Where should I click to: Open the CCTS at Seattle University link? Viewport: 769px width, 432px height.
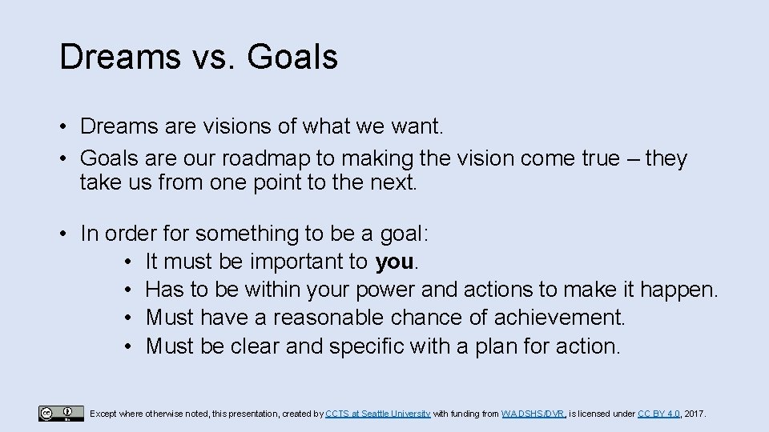(378, 414)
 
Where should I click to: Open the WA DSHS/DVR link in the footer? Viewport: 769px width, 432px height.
(533, 414)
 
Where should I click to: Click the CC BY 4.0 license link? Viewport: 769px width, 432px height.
(659, 414)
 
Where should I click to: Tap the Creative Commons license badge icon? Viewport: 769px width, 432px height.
(60, 413)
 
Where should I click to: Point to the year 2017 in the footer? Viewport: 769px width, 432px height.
(695, 414)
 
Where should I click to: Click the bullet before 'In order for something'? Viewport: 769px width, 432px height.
(62, 234)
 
